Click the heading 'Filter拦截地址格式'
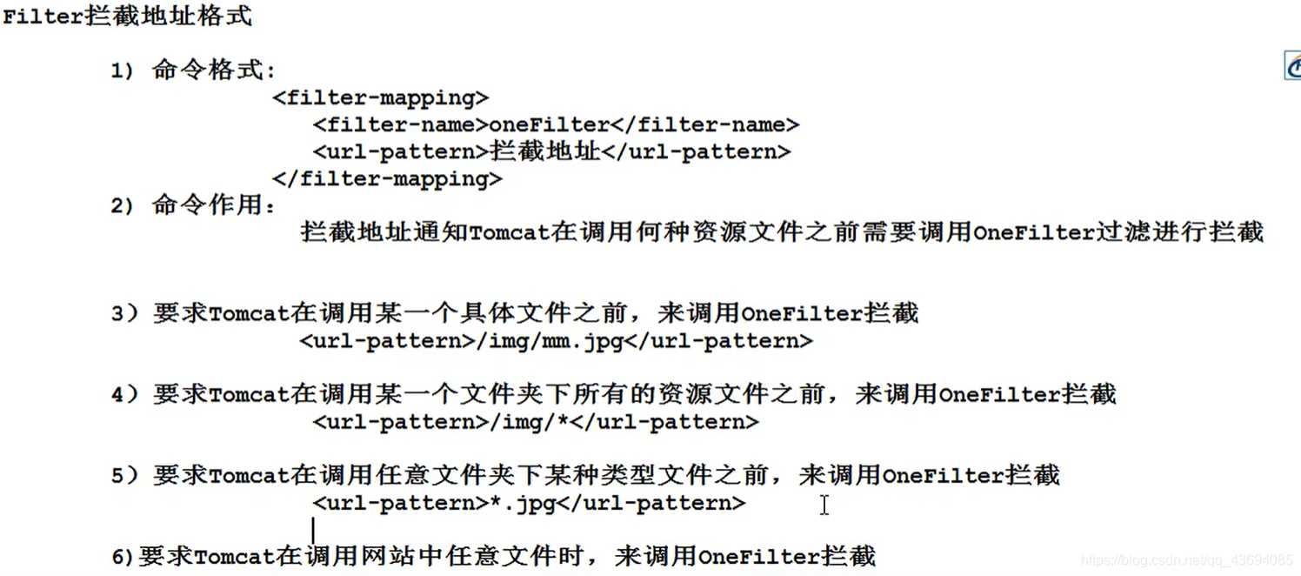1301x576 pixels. pyautogui.click(x=128, y=16)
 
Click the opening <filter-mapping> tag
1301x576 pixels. pyautogui.click(x=381, y=97)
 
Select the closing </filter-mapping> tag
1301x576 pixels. pyautogui.click(x=387, y=179)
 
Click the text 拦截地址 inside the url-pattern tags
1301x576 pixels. pyautogui.click(x=545, y=151)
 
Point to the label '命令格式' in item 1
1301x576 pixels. pyautogui.click(x=213, y=70)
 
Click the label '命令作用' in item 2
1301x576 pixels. pyautogui.click(x=213, y=205)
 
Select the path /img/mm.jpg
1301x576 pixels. pyautogui.click(x=550, y=341)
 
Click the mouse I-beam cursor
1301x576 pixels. pyautogui.click(x=824, y=505)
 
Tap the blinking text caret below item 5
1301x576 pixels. pyautogui.click(x=313, y=529)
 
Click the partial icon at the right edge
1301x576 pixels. pyautogui.click(x=1292, y=66)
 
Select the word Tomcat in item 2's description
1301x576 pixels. pyautogui.click(x=510, y=232)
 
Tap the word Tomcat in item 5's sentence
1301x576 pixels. pyautogui.click(x=249, y=476)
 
